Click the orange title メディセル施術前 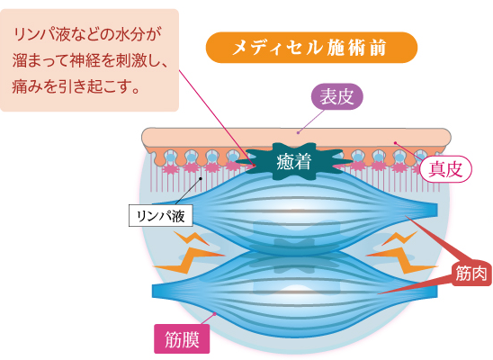pos(311,48)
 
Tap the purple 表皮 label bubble pos(336,96)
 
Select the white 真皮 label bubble pos(446,169)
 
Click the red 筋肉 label pos(471,274)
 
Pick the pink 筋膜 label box pos(182,339)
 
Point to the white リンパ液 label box pos(161,215)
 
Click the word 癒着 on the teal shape pos(293,162)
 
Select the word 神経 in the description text pos(84,60)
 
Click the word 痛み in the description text pos(26,86)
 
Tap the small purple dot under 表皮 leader pos(299,132)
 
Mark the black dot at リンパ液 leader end pos(201,178)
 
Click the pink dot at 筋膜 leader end pos(215,313)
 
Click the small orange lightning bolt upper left pos(192,238)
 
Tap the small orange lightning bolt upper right pos(399,238)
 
